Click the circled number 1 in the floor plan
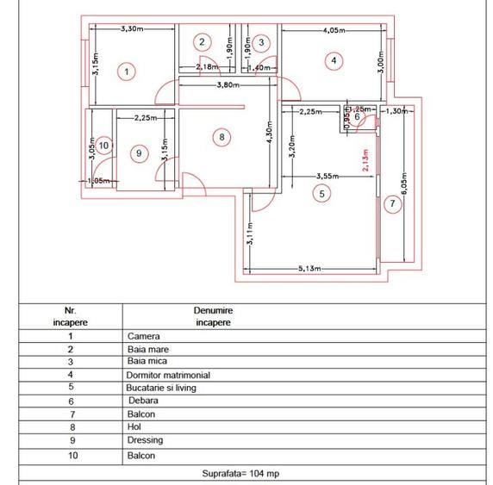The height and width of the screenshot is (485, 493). pos(127,72)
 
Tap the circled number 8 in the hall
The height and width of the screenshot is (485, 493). pos(222,136)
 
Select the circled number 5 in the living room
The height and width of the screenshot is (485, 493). pos(321,194)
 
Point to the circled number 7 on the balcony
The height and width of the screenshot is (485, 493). pos(392,204)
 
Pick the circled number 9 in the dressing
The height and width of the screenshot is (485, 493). pos(139,152)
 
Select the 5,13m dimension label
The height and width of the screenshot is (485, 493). pos(309,269)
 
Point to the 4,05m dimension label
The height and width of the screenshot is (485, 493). pos(335,30)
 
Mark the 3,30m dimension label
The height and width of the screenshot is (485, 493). pos(130,28)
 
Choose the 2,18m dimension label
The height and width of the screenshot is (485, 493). pos(206,66)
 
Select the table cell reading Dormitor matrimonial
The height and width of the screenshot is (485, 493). pos(169,376)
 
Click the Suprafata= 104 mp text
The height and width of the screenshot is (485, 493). pos(246,473)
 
